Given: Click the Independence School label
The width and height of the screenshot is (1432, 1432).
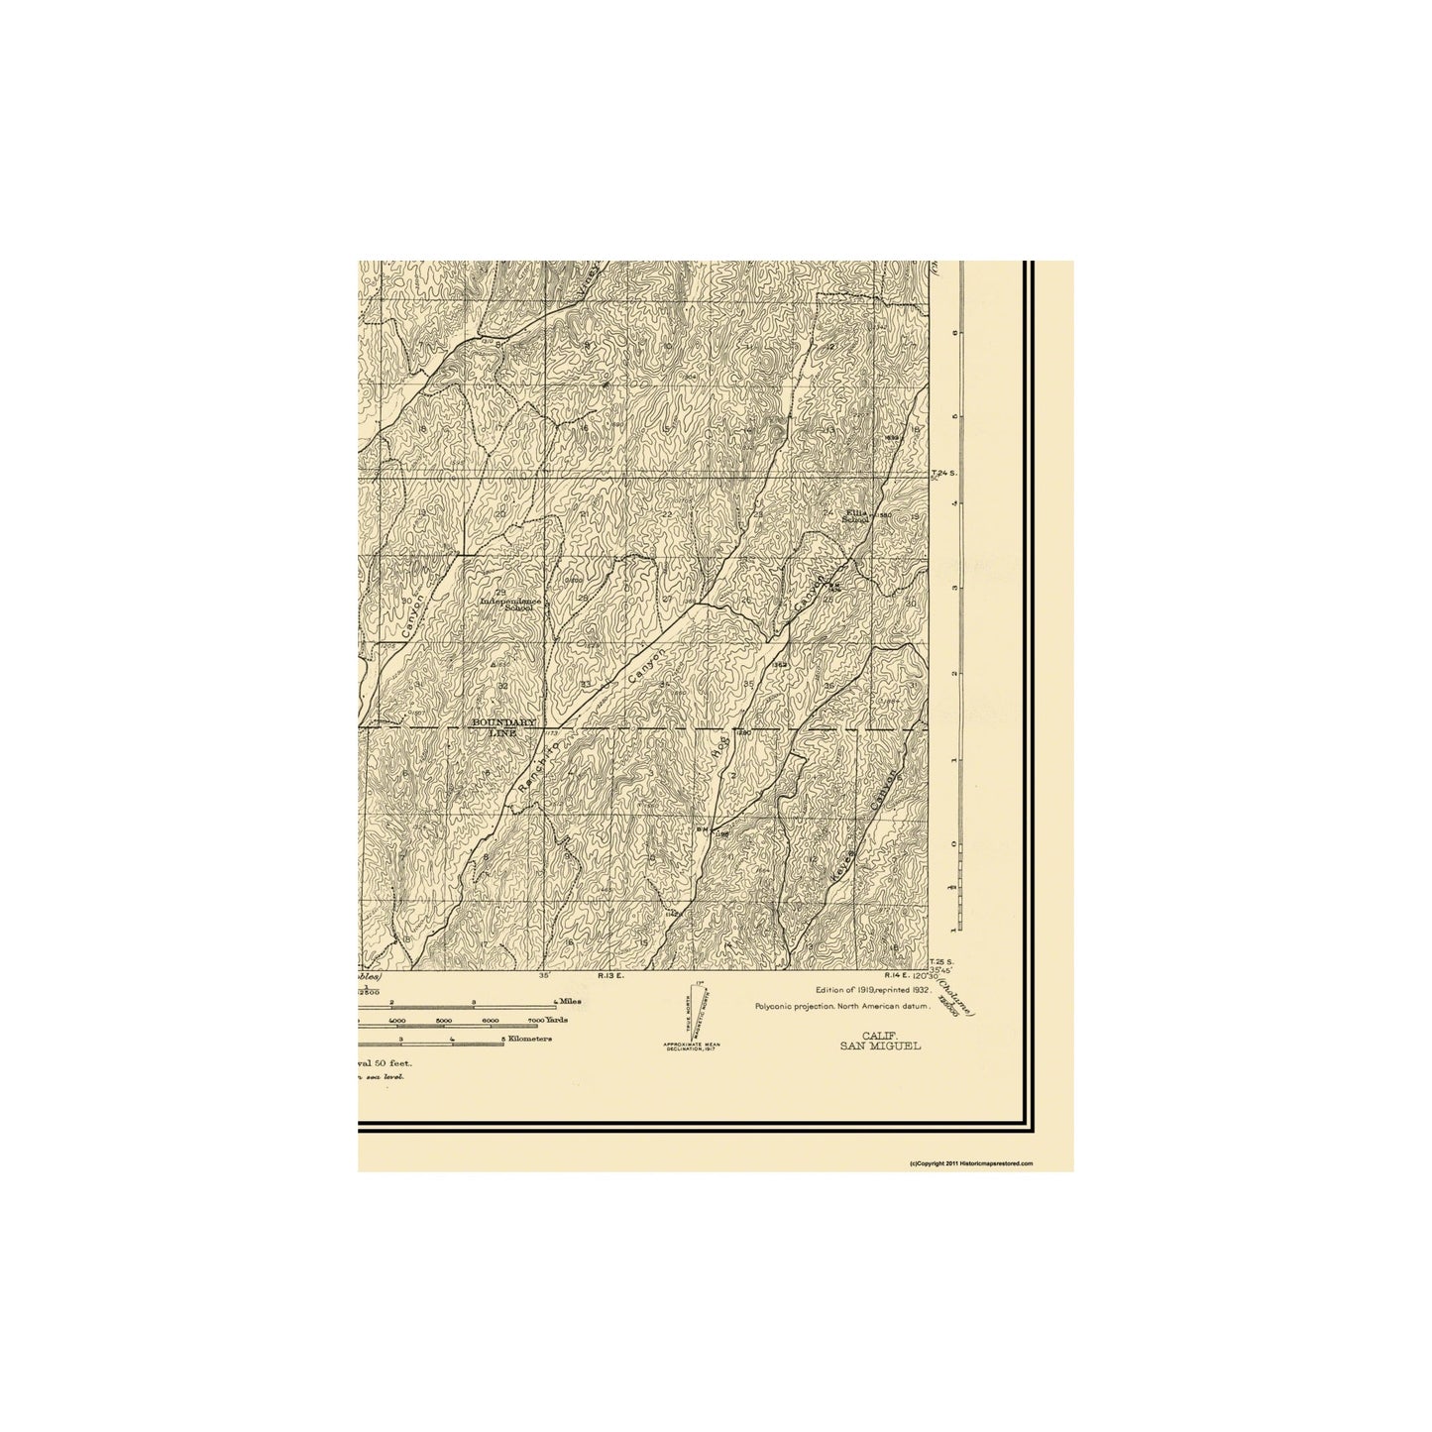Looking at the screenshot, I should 505,605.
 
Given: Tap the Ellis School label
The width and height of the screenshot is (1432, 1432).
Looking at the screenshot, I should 854,515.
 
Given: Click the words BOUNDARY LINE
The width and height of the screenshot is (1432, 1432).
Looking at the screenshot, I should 503,727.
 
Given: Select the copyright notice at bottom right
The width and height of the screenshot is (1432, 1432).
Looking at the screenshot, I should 971,1163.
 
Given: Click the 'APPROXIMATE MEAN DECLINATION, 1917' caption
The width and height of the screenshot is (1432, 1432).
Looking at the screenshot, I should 693,1047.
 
